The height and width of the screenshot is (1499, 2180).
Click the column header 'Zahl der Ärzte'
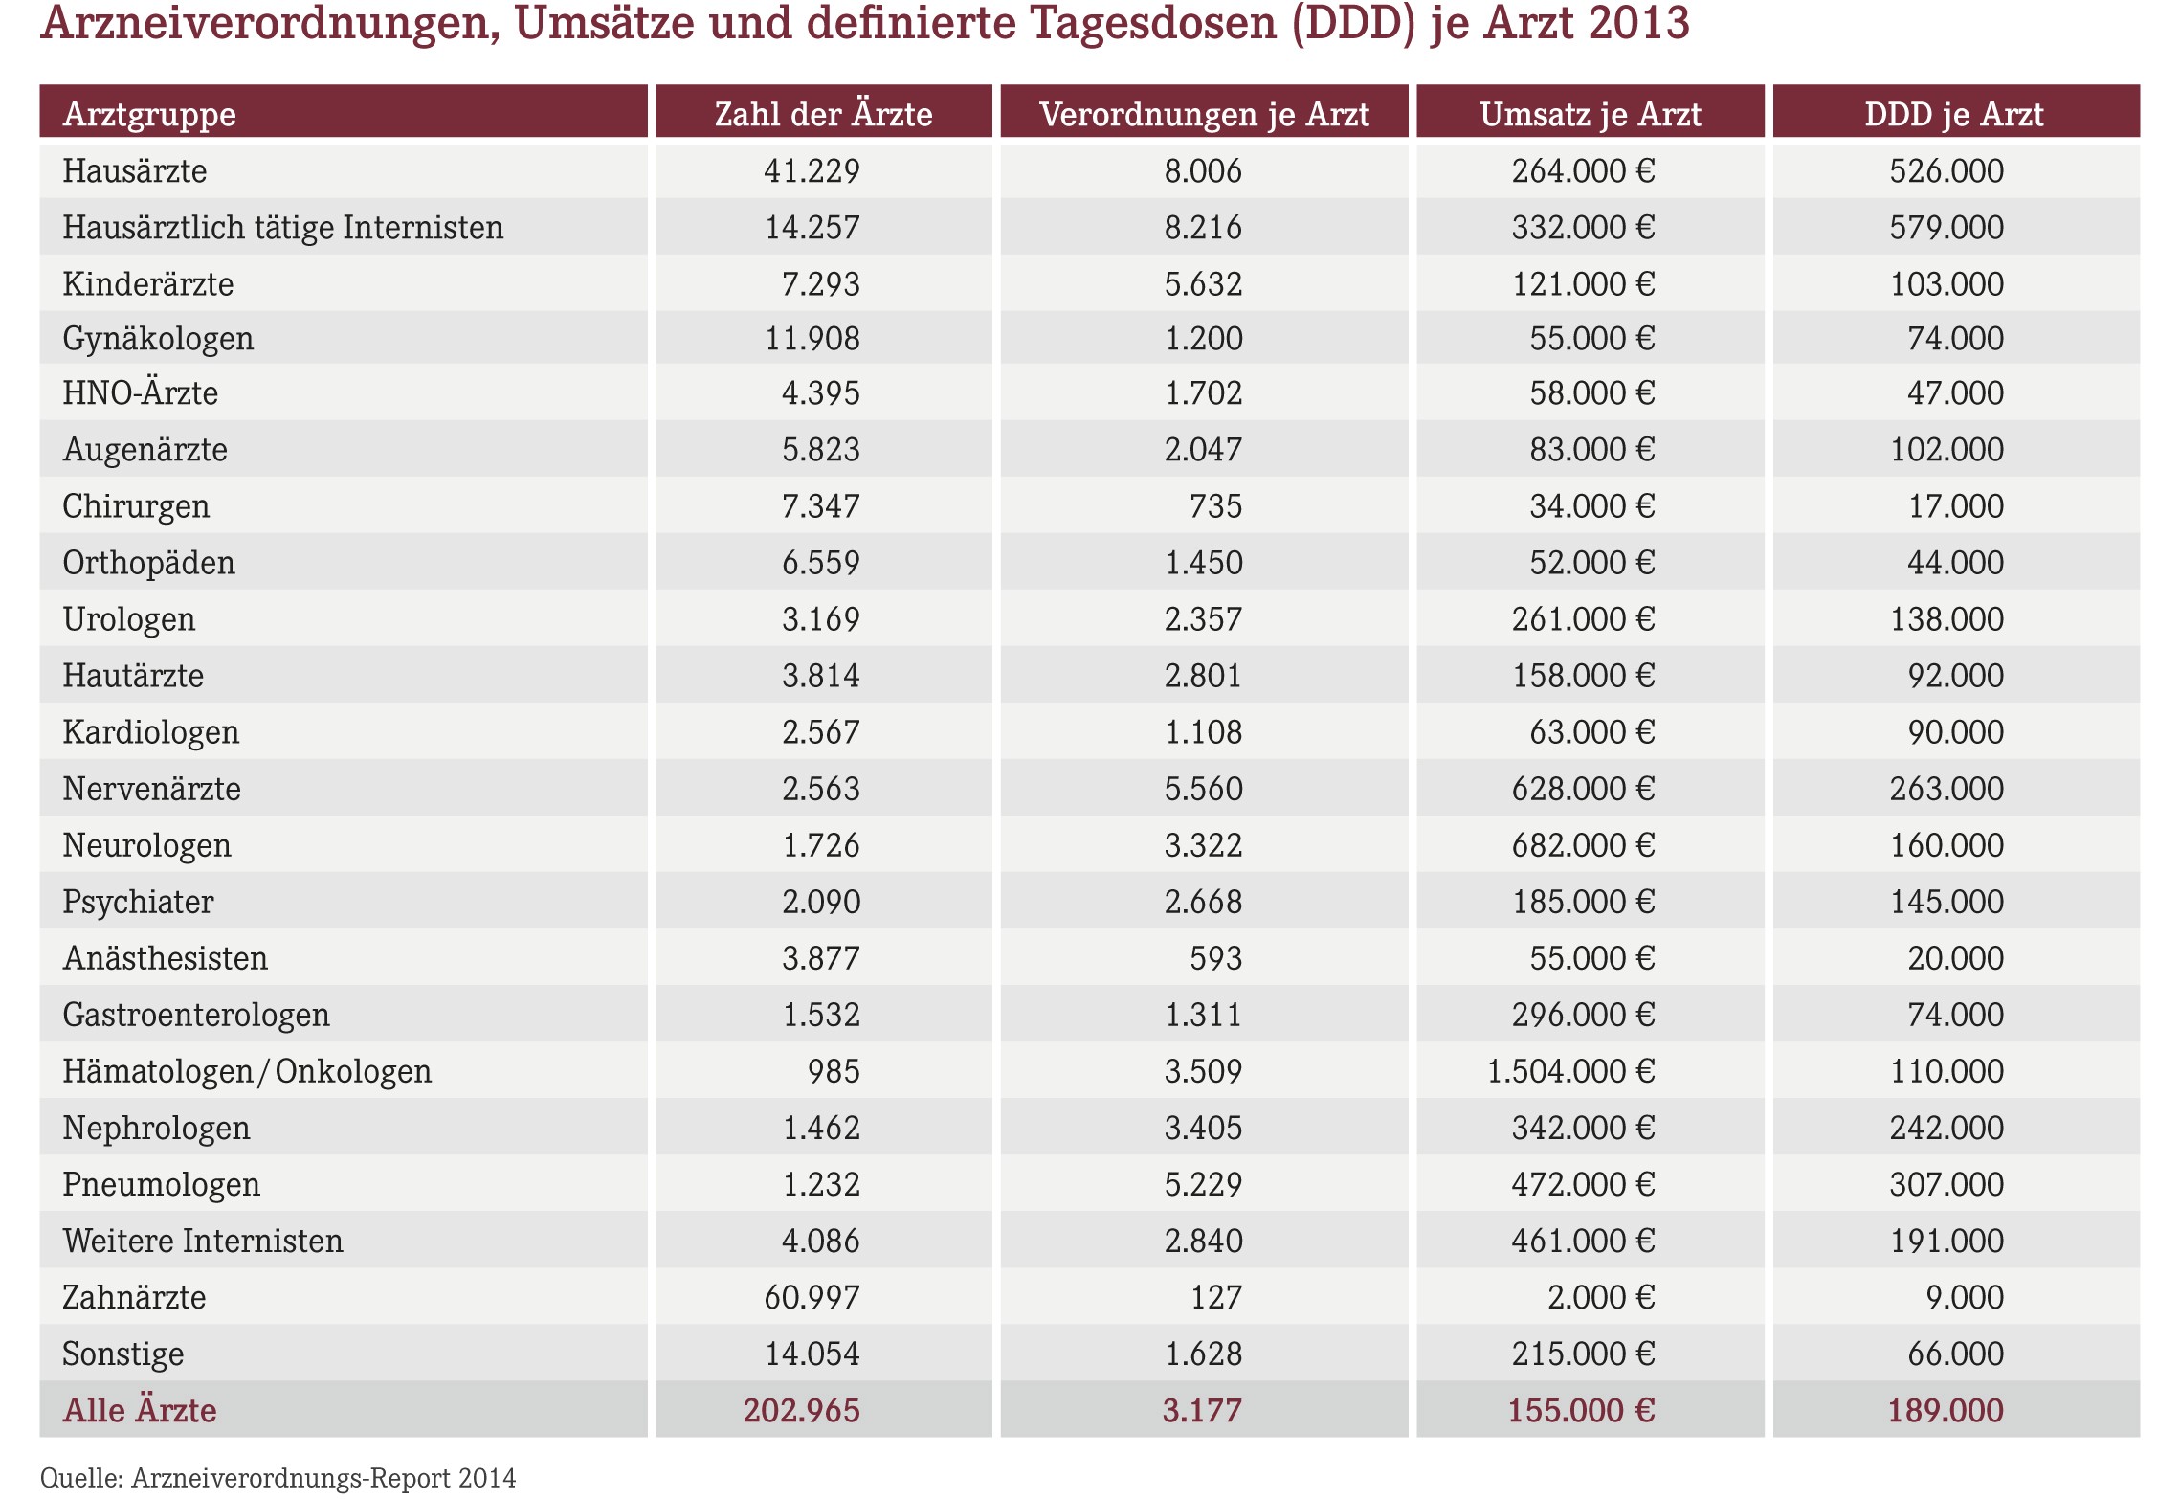pyautogui.click(x=823, y=114)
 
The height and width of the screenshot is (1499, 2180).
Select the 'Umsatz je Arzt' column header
pyautogui.click(x=1591, y=115)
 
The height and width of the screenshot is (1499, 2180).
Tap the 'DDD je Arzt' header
pyautogui.click(x=1954, y=115)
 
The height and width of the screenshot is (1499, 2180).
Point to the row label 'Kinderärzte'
pyautogui.click(x=148, y=283)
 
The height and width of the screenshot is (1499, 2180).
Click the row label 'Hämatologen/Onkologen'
pyautogui.click(x=247, y=1071)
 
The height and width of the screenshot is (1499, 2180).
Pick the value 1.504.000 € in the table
pyautogui.click(x=1570, y=1071)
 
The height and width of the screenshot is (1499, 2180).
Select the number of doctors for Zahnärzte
pyautogui.click(x=812, y=1297)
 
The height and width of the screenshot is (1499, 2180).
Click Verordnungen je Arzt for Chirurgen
pyautogui.click(x=1215, y=505)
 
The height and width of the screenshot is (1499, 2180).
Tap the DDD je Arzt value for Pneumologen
pyautogui.click(x=1946, y=1184)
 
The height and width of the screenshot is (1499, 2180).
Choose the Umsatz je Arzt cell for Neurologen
pyautogui.click(x=1583, y=845)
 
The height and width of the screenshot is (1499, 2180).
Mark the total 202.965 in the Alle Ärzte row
pyautogui.click(x=802, y=1410)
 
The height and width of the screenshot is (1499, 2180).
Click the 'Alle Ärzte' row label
pyautogui.click(x=140, y=1409)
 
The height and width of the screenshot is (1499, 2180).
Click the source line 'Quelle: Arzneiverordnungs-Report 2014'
pyautogui.click(x=278, y=1478)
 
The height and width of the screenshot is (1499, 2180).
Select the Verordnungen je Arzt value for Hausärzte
pyautogui.click(x=1203, y=170)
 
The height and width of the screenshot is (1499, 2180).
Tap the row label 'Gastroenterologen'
pyautogui.click(x=196, y=1015)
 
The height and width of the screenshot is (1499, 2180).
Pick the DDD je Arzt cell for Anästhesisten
pyautogui.click(x=1955, y=958)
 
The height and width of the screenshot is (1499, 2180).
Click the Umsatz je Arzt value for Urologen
pyautogui.click(x=1583, y=619)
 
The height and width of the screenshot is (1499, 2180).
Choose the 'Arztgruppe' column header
pyautogui.click(x=149, y=115)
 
